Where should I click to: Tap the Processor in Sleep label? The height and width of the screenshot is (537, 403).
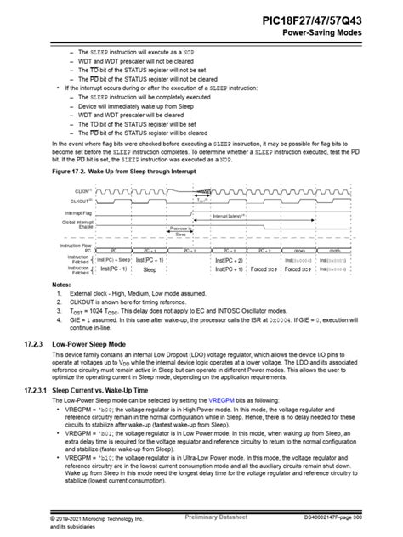(x=180, y=230)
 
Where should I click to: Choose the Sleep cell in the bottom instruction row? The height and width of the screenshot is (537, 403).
(x=150, y=269)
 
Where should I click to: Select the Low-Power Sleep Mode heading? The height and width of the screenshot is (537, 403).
(x=101, y=345)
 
